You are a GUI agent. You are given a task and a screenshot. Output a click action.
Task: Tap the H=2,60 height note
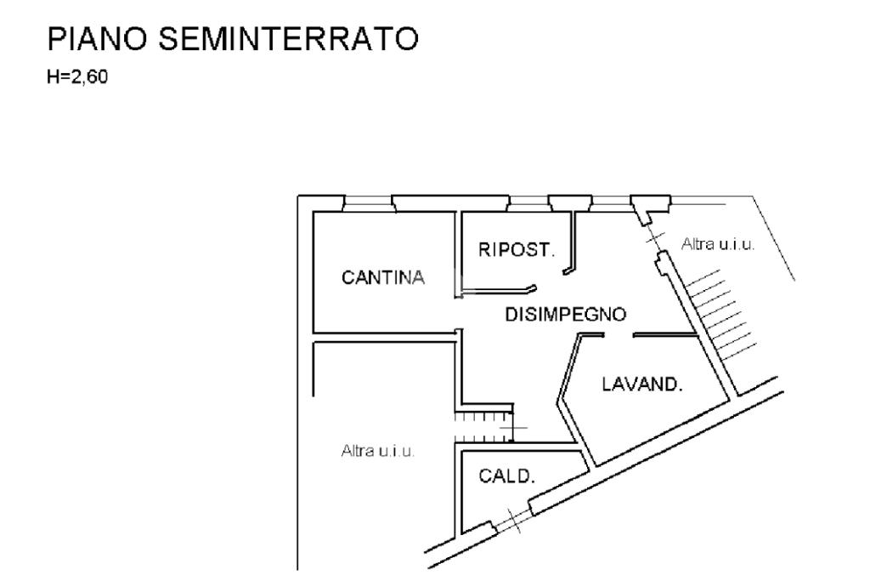click(78, 79)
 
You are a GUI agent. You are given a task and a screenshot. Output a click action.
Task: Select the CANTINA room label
click(382, 278)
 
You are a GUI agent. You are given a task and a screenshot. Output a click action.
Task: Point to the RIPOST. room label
click(517, 250)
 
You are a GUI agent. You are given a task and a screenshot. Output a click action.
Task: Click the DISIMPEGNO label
click(566, 314)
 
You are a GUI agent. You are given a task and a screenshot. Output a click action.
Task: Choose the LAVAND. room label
click(642, 384)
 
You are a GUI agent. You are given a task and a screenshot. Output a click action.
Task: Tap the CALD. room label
click(507, 476)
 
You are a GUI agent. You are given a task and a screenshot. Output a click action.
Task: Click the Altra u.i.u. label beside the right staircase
click(718, 245)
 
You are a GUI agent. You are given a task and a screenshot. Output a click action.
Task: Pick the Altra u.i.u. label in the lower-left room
click(377, 451)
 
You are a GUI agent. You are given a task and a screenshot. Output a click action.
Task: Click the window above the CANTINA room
click(367, 202)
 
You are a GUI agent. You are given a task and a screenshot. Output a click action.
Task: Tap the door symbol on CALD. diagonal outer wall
click(512, 519)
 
